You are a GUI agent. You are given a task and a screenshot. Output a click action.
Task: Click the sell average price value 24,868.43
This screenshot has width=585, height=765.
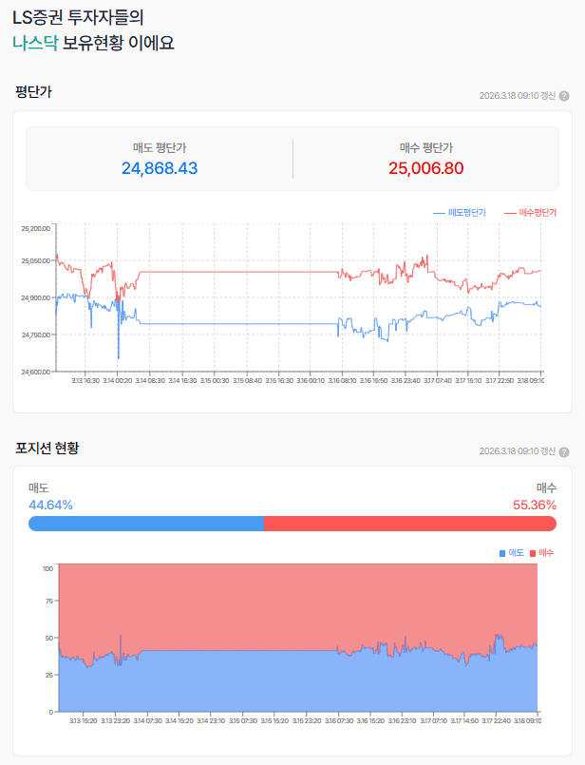(160, 168)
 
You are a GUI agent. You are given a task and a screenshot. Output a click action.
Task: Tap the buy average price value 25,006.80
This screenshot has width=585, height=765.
(425, 168)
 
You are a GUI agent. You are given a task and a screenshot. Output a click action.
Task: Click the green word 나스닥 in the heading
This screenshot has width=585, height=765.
(35, 43)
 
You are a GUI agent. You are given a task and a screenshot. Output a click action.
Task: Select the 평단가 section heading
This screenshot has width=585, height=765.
(34, 92)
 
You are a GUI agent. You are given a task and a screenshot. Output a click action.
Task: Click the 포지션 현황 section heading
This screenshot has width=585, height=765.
(47, 448)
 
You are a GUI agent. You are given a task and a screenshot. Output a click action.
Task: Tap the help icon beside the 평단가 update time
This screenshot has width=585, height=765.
(564, 96)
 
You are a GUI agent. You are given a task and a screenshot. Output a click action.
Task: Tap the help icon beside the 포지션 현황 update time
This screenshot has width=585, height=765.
(564, 451)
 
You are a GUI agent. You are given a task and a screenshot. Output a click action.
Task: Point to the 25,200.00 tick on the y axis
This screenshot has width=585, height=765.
(35, 228)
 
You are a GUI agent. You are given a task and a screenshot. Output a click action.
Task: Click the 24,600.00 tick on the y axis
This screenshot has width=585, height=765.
(35, 372)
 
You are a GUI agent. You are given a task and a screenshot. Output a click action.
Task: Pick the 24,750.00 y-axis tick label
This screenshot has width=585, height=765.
(35, 335)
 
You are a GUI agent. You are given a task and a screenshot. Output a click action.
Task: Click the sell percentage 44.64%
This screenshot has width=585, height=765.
(50, 505)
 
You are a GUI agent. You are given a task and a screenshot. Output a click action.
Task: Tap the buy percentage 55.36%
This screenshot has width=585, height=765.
(535, 505)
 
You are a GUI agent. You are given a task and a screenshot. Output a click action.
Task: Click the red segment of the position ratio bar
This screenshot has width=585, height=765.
(409, 524)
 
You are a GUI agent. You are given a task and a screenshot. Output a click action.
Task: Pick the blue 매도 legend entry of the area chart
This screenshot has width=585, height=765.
(511, 552)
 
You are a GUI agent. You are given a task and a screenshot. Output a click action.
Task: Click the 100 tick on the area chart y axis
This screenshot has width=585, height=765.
(47, 568)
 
